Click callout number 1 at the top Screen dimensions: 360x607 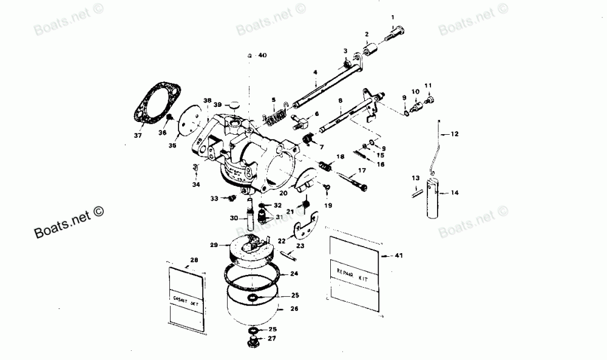pos(392,16)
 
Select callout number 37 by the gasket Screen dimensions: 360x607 pos(138,135)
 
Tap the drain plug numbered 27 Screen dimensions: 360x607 pos(254,344)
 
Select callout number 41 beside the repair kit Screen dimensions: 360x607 pos(398,256)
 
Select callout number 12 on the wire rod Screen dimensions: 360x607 pos(453,134)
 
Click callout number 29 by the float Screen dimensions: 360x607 pos(213,245)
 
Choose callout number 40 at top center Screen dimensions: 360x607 pos(262,55)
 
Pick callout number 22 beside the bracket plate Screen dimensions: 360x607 pos(282,241)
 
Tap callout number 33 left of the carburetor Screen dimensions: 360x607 pos(214,198)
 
